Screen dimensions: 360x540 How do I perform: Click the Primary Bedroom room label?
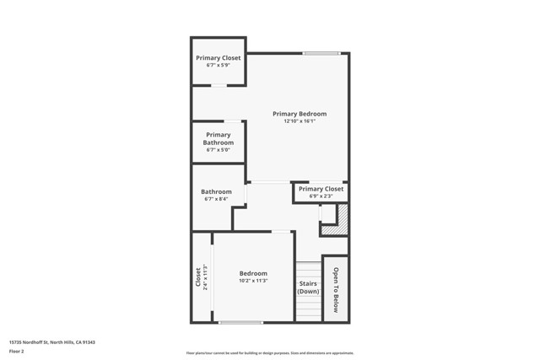[299, 114]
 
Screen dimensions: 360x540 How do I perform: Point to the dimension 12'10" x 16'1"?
[299, 121]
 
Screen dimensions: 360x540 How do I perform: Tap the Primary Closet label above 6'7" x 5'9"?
[219, 58]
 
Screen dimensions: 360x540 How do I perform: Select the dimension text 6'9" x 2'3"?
[321, 196]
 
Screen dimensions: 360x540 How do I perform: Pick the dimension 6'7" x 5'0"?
[218, 150]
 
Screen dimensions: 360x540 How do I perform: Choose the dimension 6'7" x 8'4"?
[216, 200]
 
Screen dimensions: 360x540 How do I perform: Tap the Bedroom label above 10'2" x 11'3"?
[253, 273]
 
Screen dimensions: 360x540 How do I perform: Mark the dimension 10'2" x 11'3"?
[253, 281]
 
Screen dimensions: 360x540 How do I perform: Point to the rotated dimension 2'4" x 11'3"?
[205, 277]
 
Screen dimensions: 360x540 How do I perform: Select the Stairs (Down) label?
[308, 287]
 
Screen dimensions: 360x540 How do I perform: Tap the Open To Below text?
[335, 290]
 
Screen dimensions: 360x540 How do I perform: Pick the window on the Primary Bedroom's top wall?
[321, 54]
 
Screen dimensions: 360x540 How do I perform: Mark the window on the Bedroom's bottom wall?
[240, 322]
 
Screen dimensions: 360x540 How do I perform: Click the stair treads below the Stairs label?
[308, 308]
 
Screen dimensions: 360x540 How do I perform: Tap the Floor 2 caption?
[16, 351]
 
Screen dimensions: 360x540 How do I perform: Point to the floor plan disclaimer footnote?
[270, 353]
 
